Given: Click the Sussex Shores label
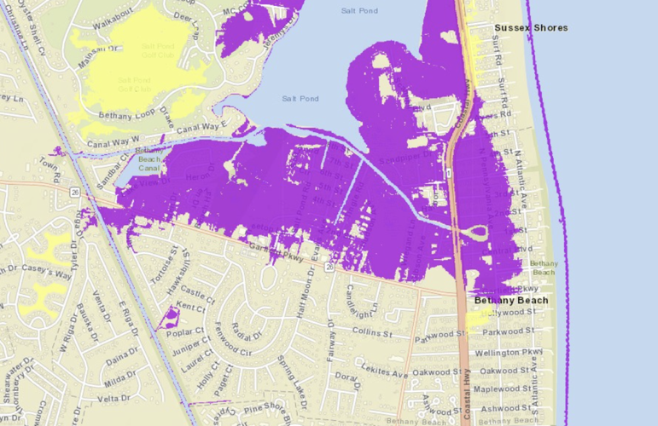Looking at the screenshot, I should (x=531, y=28).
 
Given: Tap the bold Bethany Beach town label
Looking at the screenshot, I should (x=511, y=300).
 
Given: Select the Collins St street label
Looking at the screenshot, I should (x=371, y=331).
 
